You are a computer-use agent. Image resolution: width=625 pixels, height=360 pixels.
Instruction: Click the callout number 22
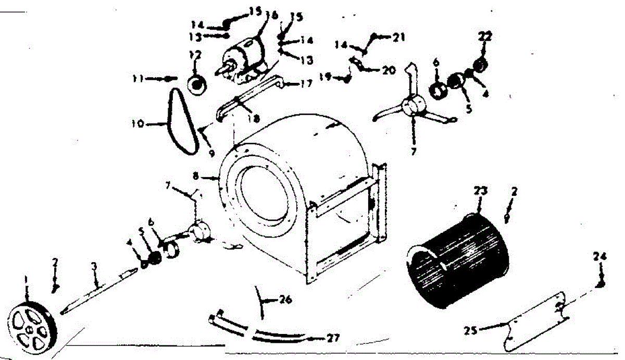pos(485,37)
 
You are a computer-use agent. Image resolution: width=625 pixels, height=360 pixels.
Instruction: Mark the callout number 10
pos(137,125)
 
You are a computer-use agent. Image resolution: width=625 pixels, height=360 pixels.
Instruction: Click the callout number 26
pos(285,301)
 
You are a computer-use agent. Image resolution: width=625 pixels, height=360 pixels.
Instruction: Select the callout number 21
pos(399,38)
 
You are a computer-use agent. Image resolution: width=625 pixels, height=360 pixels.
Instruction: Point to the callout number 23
pos(480,191)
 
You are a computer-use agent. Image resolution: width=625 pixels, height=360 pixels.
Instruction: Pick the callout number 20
pos(389,70)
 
